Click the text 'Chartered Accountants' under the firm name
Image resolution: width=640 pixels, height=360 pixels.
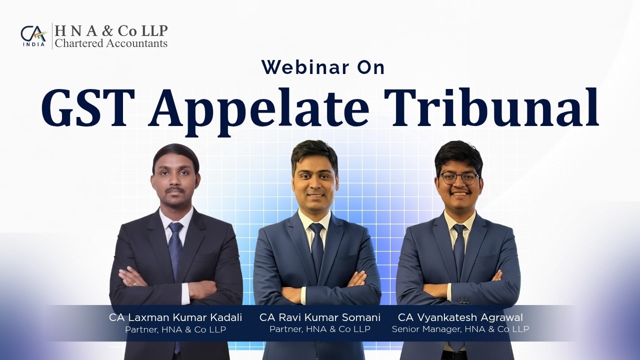[111, 43]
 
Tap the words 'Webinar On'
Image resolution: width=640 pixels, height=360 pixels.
[323, 67]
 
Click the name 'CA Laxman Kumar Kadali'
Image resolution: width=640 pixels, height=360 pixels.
[175, 317]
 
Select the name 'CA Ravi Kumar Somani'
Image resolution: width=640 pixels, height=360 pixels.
[320, 317]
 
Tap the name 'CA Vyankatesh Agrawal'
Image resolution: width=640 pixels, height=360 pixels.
[460, 317]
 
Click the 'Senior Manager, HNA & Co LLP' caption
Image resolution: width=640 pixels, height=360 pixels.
[460, 329]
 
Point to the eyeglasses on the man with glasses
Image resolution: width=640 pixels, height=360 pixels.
[458, 178]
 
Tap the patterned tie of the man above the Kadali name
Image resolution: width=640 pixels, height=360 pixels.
[176, 250]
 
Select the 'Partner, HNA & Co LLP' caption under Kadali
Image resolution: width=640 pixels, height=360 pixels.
[175, 329]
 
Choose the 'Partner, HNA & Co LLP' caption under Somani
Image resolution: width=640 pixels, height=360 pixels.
[320, 329]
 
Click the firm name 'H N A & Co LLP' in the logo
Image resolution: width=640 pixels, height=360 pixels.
[111, 31]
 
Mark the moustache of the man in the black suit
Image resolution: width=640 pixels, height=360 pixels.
[176, 190]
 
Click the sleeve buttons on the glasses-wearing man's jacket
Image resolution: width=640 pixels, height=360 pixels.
[464, 301]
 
